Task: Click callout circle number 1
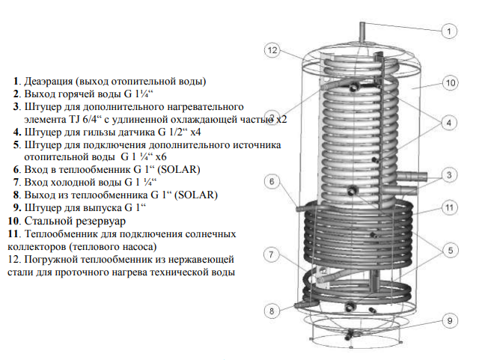click(448, 31)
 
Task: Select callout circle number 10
click(449, 83)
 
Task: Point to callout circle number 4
click(448, 122)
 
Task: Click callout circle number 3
click(448, 175)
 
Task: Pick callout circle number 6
click(273, 181)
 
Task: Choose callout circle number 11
click(448, 207)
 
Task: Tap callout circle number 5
click(448, 251)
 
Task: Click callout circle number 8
click(272, 310)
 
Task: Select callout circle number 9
click(448, 321)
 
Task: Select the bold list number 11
click(13, 234)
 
